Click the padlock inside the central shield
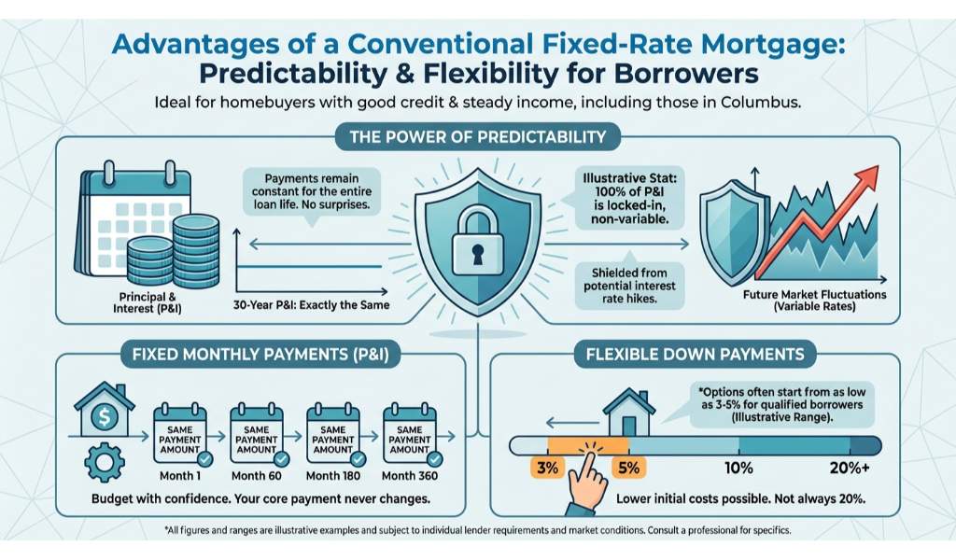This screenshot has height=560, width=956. pos(477,240)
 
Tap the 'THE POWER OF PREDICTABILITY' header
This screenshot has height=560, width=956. pos(477,136)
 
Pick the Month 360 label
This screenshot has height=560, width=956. pos(410,476)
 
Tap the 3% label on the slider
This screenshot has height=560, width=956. pos(547,468)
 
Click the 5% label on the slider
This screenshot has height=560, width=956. pos(628,468)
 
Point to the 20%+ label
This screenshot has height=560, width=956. pos(850,468)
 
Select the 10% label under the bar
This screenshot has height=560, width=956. pos(738,468)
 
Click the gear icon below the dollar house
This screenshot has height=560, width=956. pos(105,463)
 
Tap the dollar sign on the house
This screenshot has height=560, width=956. pos(105,417)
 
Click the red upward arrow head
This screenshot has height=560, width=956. pos(865,177)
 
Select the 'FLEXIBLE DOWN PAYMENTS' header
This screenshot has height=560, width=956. pos(695,354)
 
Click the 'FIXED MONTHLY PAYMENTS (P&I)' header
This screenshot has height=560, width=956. pos(260,354)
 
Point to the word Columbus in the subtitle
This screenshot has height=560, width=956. pos(760,102)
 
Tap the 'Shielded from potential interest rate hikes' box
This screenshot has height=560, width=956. pos(630,287)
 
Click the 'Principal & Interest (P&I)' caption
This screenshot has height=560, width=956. pos(148,302)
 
